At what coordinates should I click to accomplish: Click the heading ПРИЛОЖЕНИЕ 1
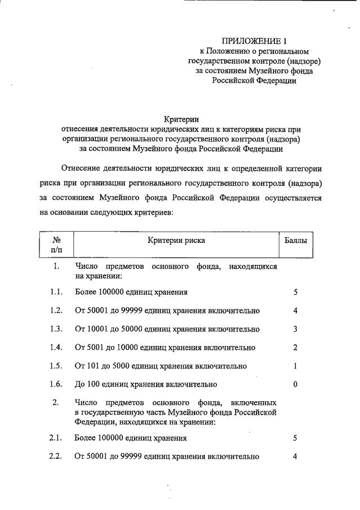click(254, 41)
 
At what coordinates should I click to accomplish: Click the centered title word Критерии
click(182, 119)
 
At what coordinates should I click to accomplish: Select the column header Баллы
click(295, 241)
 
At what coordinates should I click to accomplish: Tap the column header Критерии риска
click(176, 241)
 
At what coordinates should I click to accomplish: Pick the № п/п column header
click(56, 245)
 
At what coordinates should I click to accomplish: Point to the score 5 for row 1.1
click(295, 292)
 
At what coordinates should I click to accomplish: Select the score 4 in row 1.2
click(295, 311)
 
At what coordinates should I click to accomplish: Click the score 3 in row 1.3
click(295, 329)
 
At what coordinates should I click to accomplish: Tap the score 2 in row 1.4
click(295, 347)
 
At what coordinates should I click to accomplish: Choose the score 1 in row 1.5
click(295, 366)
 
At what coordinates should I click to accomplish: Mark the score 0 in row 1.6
click(295, 384)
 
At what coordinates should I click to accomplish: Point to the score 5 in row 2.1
click(295, 438)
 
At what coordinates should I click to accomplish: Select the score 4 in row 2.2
click(295, 456)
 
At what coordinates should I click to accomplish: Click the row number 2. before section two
click(56, 403)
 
